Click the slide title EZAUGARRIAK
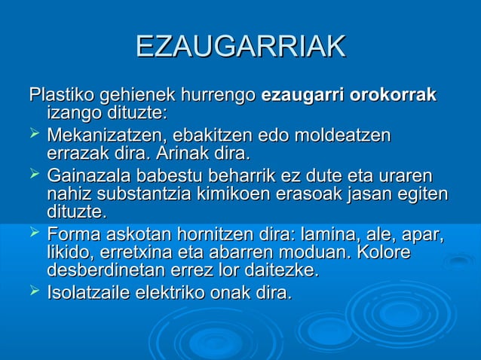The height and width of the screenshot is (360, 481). [x=240, y=47]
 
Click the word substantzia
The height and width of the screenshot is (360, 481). [x=139, y=195]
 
